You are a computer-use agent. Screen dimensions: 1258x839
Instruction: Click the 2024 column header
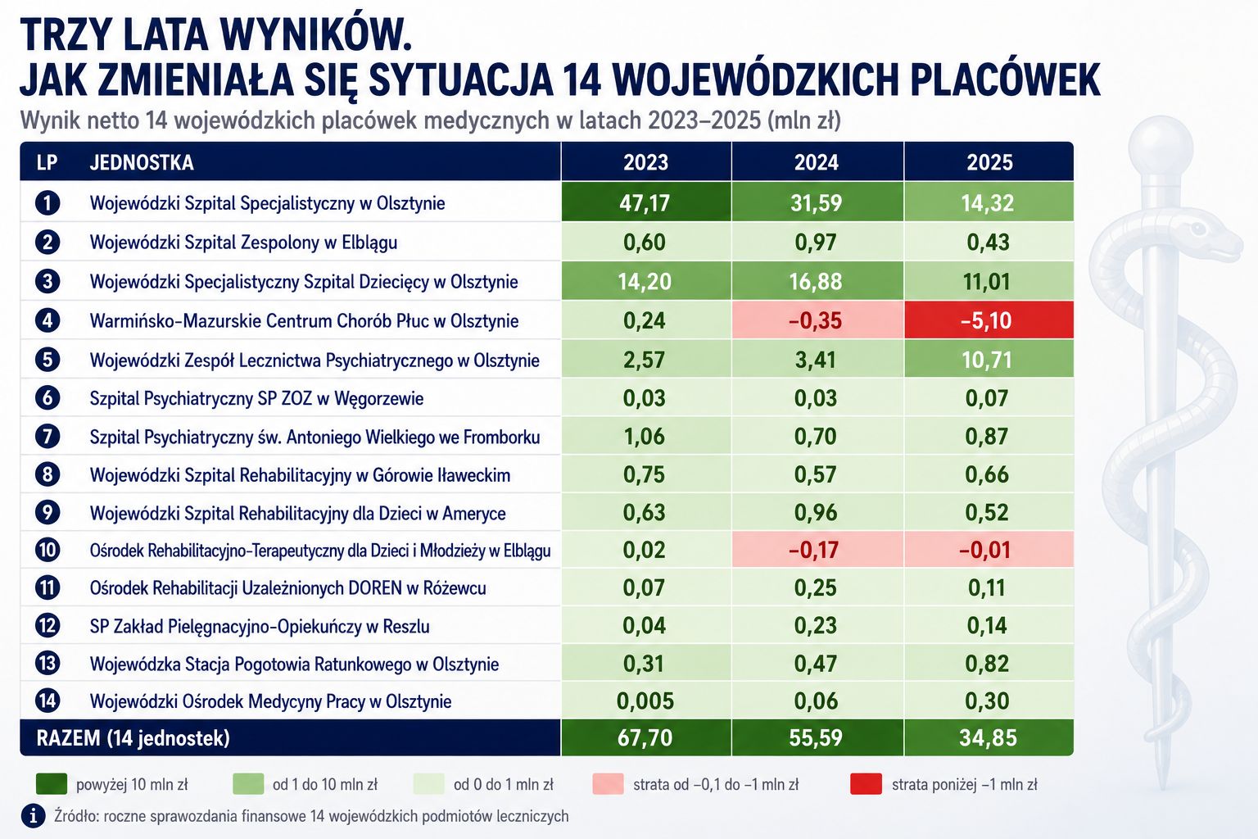tap(816, 162)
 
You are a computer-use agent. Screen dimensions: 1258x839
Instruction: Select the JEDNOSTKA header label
tap(142, 162)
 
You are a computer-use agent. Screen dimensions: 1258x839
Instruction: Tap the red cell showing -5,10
tap(989, 320)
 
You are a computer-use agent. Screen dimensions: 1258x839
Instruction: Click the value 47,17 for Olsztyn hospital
tap(645, 203)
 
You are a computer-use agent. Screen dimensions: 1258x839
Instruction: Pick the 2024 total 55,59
tap(816, 738)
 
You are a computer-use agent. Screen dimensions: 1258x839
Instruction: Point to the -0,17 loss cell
tap(816, 550)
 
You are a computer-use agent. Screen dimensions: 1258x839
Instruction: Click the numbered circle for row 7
tap(48, 437)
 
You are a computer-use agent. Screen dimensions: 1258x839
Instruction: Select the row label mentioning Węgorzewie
tap(256, 398)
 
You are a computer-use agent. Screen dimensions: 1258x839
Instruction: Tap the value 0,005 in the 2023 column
tap(645, 701)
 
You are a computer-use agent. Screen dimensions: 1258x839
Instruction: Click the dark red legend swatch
tap(866, 784)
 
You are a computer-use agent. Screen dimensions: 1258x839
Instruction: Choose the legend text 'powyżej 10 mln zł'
tap(132, 784)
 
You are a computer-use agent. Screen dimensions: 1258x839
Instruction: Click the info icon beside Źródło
tap(34, 816)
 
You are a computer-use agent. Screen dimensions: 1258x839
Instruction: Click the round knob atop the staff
tap(1161, 146)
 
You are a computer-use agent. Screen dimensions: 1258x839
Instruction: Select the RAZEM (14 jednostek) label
tap(133, 738)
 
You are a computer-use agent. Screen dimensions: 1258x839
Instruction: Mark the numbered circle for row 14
tap(48, 701)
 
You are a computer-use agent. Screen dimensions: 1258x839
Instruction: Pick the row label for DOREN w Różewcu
tap(288, 587)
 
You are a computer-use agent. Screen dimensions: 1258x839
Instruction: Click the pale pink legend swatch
tap(608, 784)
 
